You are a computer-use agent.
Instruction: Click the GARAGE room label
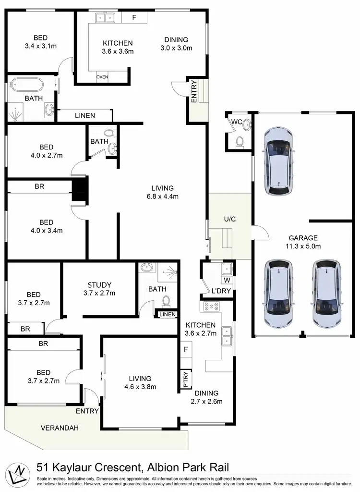(303, 237)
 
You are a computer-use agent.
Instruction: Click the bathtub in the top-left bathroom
(27, 85)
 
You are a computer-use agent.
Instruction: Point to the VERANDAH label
(60, 428)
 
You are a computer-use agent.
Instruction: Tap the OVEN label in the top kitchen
(102, 77)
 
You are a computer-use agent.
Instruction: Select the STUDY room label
(100, 284)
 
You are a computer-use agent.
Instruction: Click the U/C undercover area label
(229, 219)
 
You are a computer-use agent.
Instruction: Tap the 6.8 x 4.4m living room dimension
(162, 196)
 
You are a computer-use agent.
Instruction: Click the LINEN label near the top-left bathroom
(85, 116)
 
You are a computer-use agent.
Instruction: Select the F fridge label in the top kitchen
(134, 18)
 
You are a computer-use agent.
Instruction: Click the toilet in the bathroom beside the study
(166, 301)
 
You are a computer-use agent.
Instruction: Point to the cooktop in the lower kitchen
(211, 306)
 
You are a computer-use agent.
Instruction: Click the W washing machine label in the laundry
(226, 280)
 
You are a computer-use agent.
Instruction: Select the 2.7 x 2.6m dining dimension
(206, 402)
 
